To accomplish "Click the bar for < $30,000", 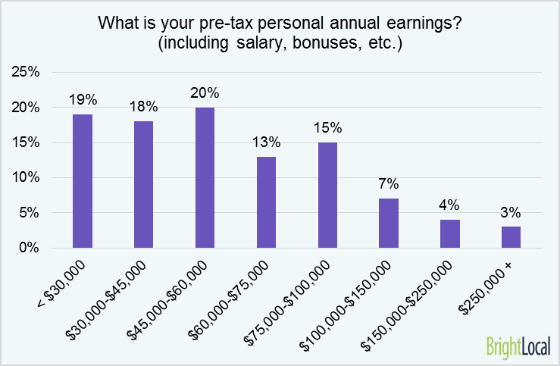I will coord(83,181).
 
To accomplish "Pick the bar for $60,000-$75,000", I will coord(266,202).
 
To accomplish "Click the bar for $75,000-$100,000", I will coord(327,195).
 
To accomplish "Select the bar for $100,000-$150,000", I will coord(388,224).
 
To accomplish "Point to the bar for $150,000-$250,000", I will coord(449,234).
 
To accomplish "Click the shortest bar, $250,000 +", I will coord(511,237).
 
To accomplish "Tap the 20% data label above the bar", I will coord(205,93).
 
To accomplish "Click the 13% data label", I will coord(267,142).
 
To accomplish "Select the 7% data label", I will coord(389,185).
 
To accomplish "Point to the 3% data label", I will coord(511,213).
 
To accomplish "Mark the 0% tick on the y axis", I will coord(30,248).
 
